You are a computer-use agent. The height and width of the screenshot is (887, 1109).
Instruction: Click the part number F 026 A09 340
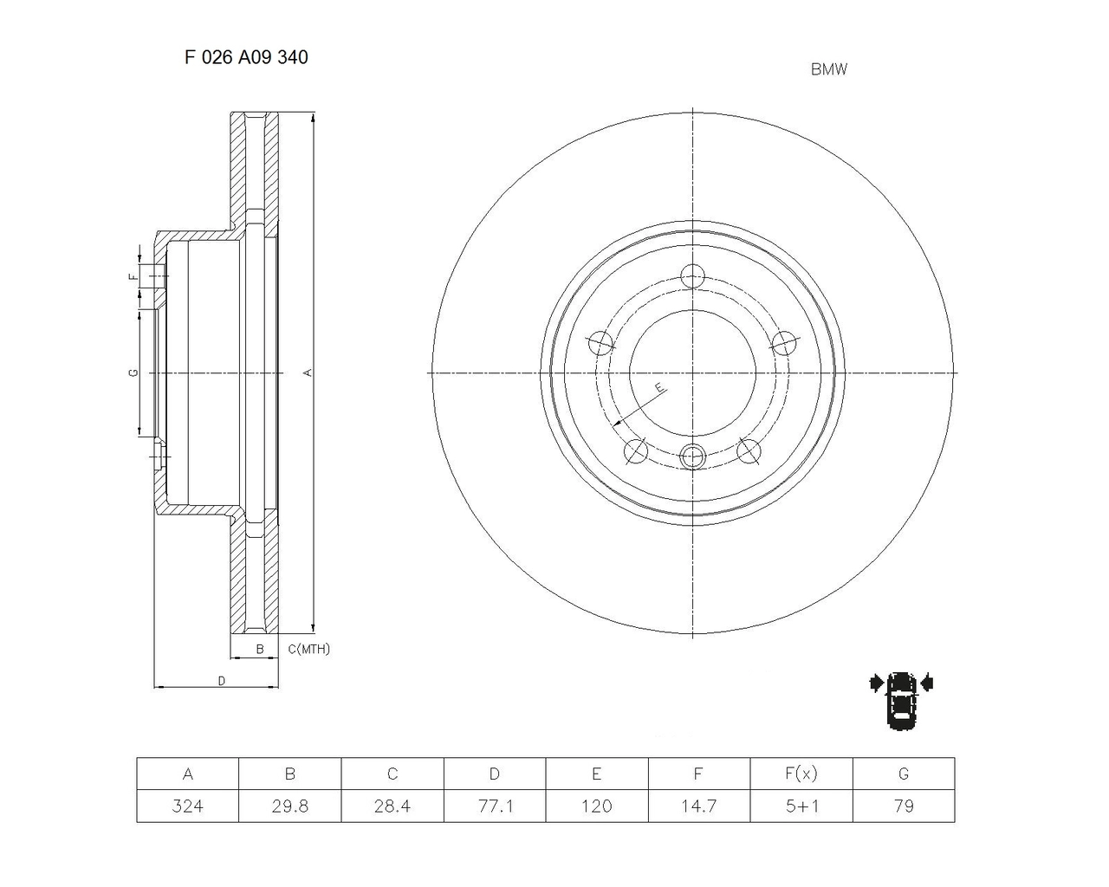coord(246,57)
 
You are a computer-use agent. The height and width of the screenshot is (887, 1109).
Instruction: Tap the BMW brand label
coord(828,70)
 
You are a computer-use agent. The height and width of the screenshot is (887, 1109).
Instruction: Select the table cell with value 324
coord(187,806)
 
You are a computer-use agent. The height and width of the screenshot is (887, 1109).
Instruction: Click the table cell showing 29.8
coord(289,806)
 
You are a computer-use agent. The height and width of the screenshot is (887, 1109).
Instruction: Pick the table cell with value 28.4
coord(392,806)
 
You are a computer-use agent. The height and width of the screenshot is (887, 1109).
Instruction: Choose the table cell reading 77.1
coord(494,806)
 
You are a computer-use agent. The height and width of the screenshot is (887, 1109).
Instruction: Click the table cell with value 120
coord(596,806)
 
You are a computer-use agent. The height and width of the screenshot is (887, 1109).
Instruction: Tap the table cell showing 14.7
coord(698,806)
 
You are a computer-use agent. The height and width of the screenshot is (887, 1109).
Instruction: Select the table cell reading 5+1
coord(801,806)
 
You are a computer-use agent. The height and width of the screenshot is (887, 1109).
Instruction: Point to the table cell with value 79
coord(903,806)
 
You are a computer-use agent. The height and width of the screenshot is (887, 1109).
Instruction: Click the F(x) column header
coord(801,774)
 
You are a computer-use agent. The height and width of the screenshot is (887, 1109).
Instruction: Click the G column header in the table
coord(903,774)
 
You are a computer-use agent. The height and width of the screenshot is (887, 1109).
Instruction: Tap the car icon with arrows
coord(901,700)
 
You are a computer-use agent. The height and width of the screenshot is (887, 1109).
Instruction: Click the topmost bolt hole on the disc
coord(692,276)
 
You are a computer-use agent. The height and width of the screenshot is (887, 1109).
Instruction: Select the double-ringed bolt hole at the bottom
coord(693,456)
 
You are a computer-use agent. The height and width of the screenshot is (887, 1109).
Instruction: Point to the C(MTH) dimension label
coord(308,649)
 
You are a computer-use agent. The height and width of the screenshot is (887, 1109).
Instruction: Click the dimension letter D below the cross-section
coord(221,681)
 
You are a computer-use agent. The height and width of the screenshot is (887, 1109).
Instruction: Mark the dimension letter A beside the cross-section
coord(307,372)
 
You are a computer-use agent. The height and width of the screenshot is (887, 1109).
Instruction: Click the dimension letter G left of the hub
coord(133,372)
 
